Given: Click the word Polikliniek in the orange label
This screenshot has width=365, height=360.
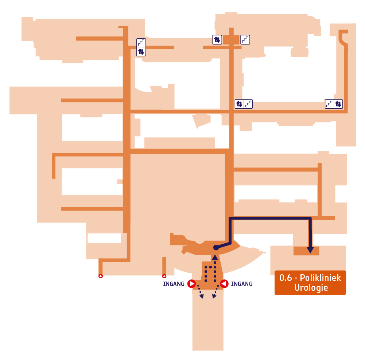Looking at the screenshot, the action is [320, 278].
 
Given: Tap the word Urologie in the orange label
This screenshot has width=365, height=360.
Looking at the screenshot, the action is [311, 288].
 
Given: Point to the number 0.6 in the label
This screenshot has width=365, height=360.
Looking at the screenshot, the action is [286, 278].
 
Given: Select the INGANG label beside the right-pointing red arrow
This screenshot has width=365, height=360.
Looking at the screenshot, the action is [174, 284].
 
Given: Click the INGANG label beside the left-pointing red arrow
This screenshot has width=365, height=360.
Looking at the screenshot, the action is [242, 284].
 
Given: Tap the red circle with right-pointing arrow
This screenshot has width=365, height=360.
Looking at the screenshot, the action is [191, 284].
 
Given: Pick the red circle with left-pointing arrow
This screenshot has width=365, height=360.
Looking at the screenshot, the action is [224, 284].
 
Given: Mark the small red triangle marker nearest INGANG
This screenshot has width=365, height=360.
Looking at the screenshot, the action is [164, 276].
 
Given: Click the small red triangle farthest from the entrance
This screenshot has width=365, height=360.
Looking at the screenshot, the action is [101, 276].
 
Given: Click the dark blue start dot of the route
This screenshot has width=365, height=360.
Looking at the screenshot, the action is [216, 248].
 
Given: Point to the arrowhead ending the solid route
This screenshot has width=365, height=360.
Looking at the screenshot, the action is [310, 250].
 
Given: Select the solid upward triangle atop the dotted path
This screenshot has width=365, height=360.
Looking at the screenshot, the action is [215, 257].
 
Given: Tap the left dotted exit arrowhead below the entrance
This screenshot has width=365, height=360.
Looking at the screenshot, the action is [202, 296].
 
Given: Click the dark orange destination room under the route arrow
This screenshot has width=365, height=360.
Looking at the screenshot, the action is [306, 251].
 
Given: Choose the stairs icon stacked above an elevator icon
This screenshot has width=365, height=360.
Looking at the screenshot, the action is [141, 43].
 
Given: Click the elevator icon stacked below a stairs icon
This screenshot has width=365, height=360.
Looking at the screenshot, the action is [141, 51].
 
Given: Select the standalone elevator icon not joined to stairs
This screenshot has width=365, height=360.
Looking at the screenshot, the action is [217, 40].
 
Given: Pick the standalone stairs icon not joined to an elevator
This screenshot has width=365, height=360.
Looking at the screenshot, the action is [245, 40].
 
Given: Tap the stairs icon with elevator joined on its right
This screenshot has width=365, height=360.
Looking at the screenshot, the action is [329, 104].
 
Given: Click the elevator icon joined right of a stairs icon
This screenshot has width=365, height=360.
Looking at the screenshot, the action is [338, 104].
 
